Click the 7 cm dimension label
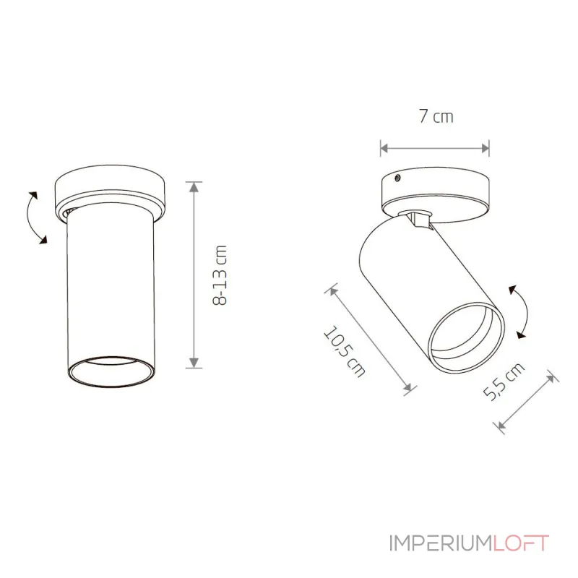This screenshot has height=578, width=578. [x=436, y=116]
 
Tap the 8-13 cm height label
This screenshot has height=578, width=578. [x=220, y=275]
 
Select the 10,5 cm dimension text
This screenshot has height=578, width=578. [x=344, y=351]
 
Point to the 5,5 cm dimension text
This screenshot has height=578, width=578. [x=504, y=381]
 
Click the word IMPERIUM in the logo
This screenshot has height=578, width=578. [x=441, y=543]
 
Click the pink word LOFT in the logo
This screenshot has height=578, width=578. [x=521, y=543]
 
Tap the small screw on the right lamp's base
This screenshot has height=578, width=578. [x=397, y=178]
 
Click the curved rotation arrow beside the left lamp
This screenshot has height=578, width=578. [x=34, y=217]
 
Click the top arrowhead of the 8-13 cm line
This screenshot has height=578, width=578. [x=194, y=187]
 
